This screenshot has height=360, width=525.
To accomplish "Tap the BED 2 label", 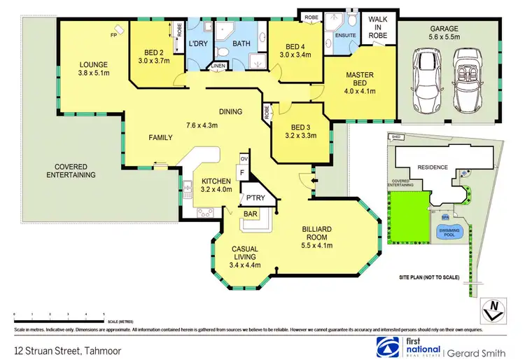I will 153,53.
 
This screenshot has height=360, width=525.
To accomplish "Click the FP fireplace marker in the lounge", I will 113,34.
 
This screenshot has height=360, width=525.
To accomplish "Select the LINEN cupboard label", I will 218,66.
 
